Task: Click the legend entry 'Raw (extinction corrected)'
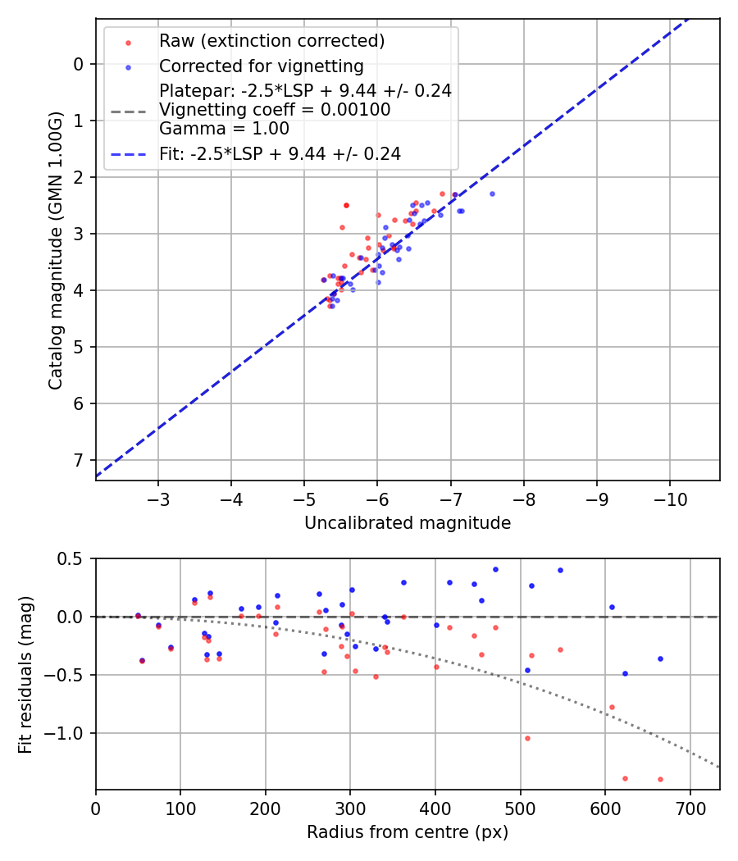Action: [x=271, y=41]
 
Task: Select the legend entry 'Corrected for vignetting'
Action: [x=261, y=66]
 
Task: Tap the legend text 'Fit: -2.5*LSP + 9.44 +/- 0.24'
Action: [x=280, y=153]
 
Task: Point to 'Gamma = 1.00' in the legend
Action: [x=224, y=128]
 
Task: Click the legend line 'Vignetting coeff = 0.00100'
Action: [x=275, y=109]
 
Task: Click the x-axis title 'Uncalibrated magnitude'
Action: [x=408, y=523]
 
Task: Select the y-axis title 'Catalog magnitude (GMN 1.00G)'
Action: [x=55, y=249]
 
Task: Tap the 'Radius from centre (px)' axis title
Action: [x=408, y=832]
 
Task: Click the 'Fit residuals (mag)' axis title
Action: [x=26, y=675]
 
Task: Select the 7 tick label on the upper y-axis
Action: [x=80, y=460]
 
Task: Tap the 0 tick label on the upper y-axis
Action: [x=80, y=64]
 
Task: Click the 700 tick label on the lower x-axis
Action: [x=690, y=809]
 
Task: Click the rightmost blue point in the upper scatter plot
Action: [x=492, y=194]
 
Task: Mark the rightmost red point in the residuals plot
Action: [x=660, y=779]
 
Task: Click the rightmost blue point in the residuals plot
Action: [x=660, y=658]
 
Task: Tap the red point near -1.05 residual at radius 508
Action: [x=527, y=738]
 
